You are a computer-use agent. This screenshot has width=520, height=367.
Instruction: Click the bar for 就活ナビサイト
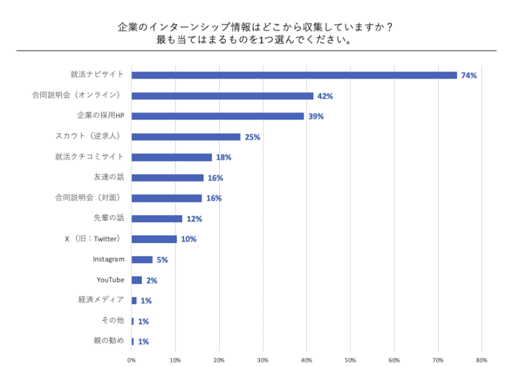coord(294,75)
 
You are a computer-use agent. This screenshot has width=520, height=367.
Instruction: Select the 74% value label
coord(469,75)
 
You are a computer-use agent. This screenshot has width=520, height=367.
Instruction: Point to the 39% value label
coord(316,116)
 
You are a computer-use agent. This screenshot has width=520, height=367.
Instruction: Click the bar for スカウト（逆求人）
coord(186,137)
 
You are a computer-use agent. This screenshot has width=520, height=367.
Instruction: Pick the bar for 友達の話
coord(167,178)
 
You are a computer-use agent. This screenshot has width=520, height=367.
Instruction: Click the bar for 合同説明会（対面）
coord(166,198)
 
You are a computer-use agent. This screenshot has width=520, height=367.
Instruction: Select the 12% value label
coord(194,219)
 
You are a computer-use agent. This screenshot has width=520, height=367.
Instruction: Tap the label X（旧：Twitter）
coord(94,239)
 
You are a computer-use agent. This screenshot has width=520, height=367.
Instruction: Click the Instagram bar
coord(142,260)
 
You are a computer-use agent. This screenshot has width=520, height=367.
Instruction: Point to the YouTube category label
coord(110,280)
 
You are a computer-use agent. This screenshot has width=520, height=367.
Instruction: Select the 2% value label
coord(151,281)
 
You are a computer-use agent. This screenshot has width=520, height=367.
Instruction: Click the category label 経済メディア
coord(101,300)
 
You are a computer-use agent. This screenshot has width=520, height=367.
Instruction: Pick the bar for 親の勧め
coord(133,342)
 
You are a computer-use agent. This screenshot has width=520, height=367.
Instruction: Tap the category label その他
coord(112,321)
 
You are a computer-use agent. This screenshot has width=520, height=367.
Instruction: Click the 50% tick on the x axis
coord(350,359)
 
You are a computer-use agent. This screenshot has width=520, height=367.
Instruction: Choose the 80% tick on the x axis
coord(482,359)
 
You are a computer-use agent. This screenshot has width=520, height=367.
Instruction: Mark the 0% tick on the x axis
coord(131,359)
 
